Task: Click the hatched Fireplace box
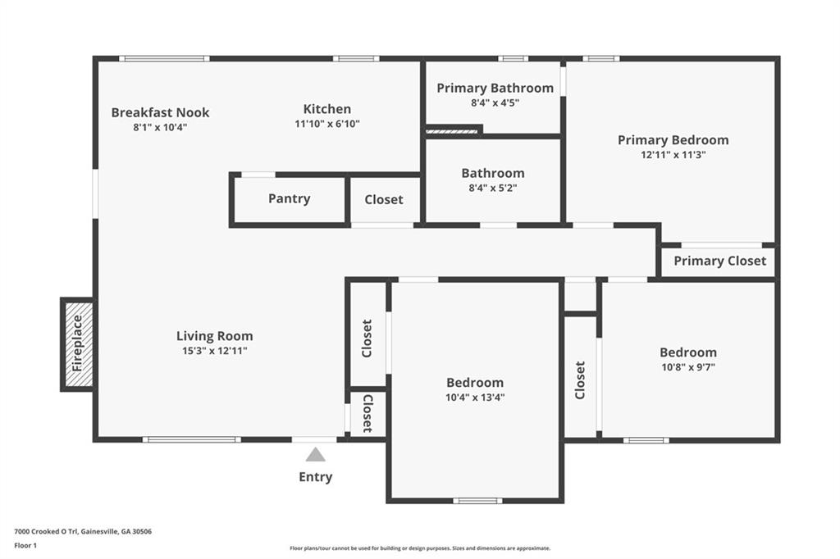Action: point(77,344)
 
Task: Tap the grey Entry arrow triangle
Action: point(315,455)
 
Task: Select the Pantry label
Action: point(289,198)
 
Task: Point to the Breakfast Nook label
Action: point(160,112)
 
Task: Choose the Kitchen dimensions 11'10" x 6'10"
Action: point(327,124)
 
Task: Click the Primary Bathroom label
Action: point(495,88)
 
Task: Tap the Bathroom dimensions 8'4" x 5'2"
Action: point(493,188)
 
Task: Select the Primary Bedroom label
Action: point(673,140)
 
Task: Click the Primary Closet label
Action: point(719,261)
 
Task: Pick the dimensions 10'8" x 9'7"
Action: point(688,367)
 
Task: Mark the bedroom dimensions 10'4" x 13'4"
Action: point(475,398)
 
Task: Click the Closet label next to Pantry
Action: point(384,199)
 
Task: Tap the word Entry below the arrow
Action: point(315,477)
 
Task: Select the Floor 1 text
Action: point(25,545)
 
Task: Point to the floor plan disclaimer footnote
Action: point(419,548)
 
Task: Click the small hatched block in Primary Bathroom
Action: point(452,130)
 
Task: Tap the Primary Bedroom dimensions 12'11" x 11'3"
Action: point(673,154)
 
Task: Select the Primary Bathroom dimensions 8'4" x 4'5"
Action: point(495,102)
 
